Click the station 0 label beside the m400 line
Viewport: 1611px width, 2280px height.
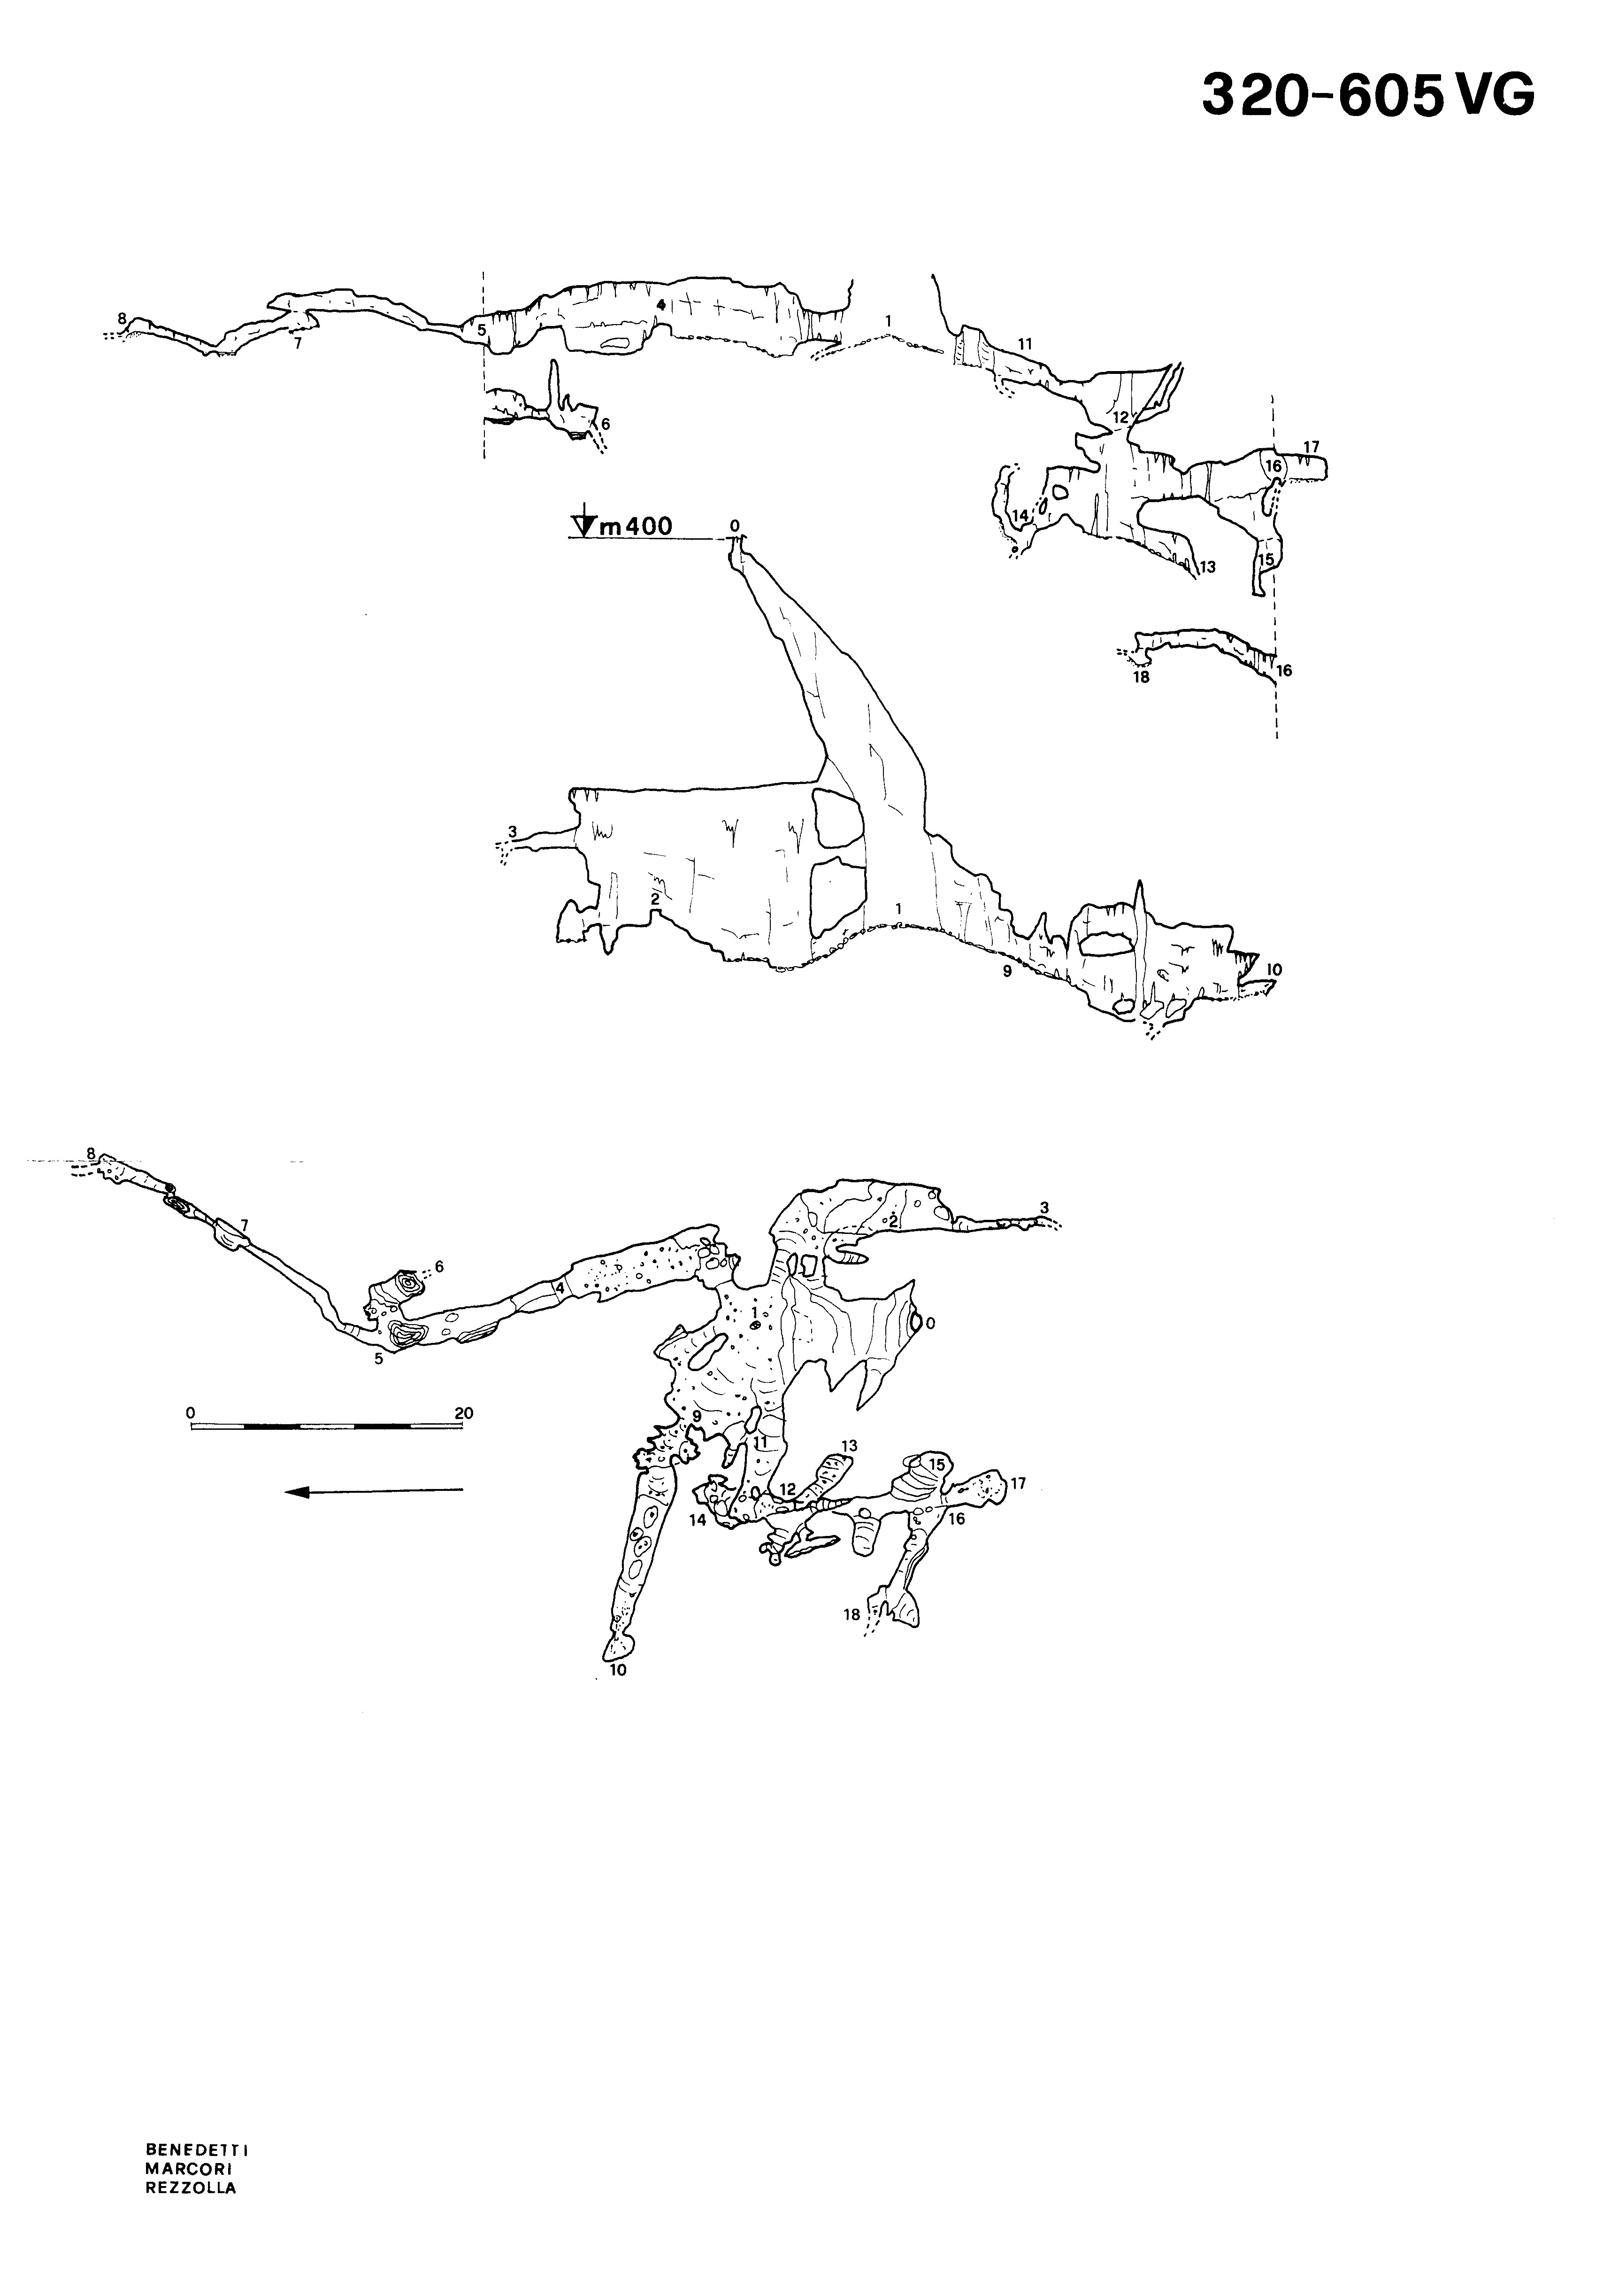pyautogui.click(x=735, y=524)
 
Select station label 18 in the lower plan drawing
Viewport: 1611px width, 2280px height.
pyautogui.click(x=852, y=1615)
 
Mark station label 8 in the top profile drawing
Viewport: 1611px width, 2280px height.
pyautogui.click(x=122, y=319)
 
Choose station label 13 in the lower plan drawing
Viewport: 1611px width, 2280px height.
pyautogui.click(x=849, y=1446)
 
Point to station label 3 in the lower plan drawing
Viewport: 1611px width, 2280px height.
pyautogui.click(x=1044, y=1208)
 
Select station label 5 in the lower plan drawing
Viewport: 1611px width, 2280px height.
pyautogui.click(x=378, y=1358)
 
